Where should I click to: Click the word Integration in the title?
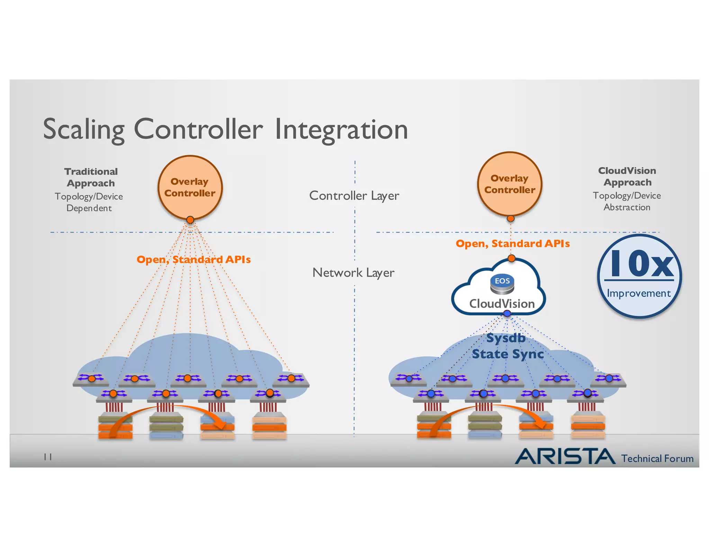coord(341,130)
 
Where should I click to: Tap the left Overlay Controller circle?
coord(190,187)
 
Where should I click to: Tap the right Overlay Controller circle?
coord(510,184)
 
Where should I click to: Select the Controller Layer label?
coord(354,196)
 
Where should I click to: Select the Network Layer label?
coord(353,273)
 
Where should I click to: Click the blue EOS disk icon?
coord(502,284)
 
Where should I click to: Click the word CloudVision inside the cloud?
coord(502,304)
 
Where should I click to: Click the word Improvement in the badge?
coord(639,293)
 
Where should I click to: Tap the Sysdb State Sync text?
coord(507,346)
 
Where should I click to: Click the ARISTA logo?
coord(565,457)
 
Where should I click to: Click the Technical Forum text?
coord(657,459)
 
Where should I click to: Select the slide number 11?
coord(48,457)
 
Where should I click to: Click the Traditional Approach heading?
coord(91,177)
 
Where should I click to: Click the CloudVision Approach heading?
coord(627,176)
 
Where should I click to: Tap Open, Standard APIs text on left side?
coord(194,259)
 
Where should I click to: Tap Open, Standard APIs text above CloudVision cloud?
coord(512,244)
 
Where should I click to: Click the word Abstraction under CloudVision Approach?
coord(627,207)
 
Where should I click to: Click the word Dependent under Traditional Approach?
coord(89,208)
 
